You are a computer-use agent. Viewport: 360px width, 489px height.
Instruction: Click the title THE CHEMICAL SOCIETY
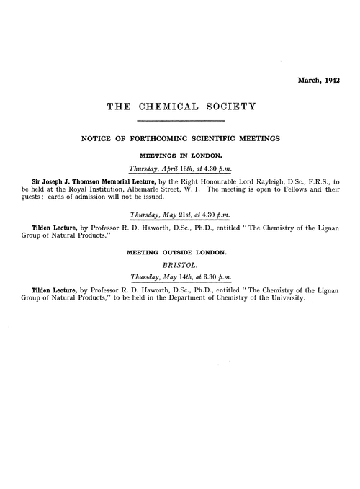click(x=181, y=108)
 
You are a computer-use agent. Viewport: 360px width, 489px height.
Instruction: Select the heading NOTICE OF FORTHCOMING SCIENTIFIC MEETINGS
click(x=181, y=140)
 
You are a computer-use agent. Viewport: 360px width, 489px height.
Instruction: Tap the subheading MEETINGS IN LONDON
click(x=181, y=156)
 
